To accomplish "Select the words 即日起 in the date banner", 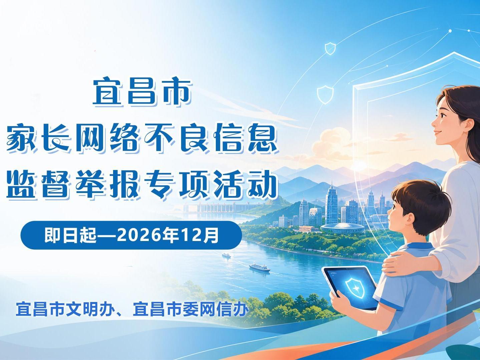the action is coord(70,235).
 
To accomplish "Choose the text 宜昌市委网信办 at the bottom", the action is coord(190,309).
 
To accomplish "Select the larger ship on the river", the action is coord(260,267).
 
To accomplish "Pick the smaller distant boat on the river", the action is coord(226,255).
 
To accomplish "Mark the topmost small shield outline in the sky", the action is coord(330,48).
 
